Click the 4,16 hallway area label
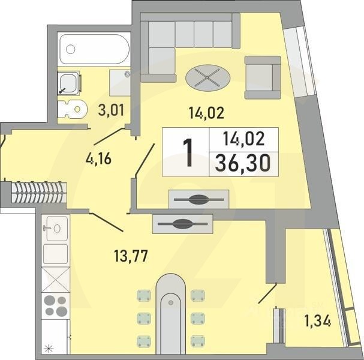coord(98,160)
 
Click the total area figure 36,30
coord(243,162)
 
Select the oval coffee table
coord(208,77)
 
